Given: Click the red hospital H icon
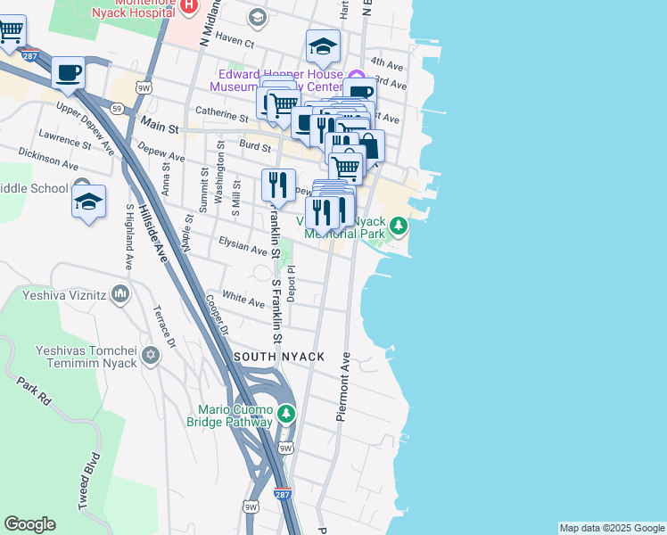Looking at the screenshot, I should click(188, 6).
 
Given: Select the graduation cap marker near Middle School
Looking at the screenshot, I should click(88, 202).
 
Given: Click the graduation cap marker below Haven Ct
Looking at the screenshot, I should click(323, 45).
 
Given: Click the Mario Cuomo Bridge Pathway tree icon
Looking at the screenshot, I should click(285, 414).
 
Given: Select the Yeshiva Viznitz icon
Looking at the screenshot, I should click(121, 294).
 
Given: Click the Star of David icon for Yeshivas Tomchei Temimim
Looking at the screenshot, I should click(150, 356).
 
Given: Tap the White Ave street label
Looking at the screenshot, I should click(243, 297).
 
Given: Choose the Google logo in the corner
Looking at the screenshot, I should click(29, 524).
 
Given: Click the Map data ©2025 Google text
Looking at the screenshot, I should click(611, 528).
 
